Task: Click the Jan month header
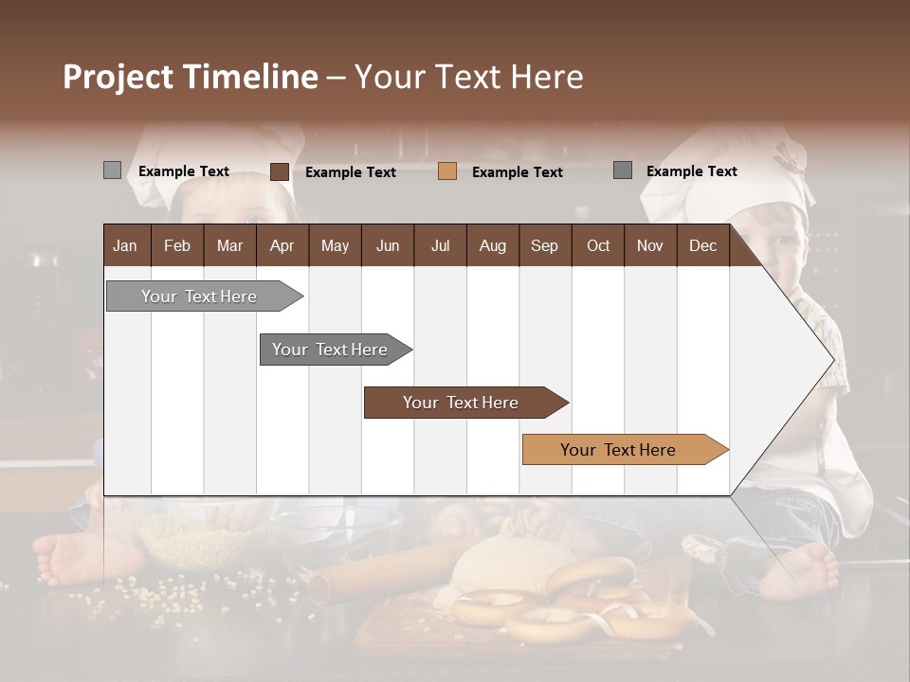click(x=125, y=245)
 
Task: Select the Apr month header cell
click(x=282, y=245)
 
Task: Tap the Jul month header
click(x=440, y=245)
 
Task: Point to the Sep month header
click(x=544, y=245)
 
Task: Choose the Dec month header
click(x=702, y=245)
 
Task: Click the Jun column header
click(x=387, y=245)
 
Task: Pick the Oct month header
click(x=597, y=245)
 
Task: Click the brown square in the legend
click(x=279, y=171)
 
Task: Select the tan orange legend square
click(x=447, y=171)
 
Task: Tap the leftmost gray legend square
click(x=112, y=170)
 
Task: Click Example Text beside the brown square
click(x=350, y=172)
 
